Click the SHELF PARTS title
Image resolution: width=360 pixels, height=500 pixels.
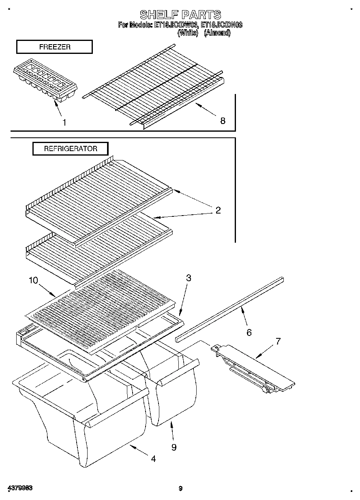pyautogui.click(x=180, y=15)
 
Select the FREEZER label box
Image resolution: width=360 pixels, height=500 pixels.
pyautogui.click(x=54, y=47)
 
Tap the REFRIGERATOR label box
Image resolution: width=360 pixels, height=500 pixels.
pyautogui.click(x=71, y=149)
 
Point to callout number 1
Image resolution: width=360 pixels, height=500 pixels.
pyautogui.click(x=64, y=122)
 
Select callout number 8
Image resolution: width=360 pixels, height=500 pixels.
pyautogui.click(x=222, y=120)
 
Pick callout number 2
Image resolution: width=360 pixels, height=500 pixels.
pyautogui.click(x=218, y=210)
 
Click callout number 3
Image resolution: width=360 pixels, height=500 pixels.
pyautogui.click(x=189, y=278)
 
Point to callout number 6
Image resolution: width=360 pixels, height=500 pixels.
pyautogui.click(x=249, y=332)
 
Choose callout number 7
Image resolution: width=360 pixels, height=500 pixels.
pyautogui.click(x=278, y=341)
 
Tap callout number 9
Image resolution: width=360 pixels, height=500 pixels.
pyautogui.click(x=174, y=447)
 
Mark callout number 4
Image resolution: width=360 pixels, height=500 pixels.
pyautogui.click(x=153, y=459)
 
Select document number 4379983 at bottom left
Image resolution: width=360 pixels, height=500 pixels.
pyautogui.click(x=19, y=488)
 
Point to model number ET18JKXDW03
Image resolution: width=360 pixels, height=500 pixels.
pyautogui.click(x=175, y=25)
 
